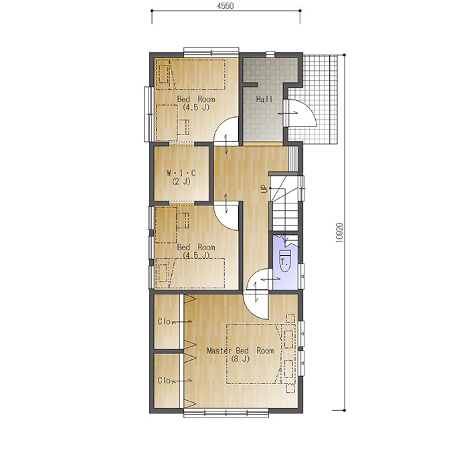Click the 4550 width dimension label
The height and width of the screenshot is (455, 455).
225,6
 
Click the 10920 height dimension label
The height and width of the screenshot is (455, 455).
339,232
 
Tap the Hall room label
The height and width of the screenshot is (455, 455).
264,99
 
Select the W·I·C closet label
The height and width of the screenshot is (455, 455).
181,173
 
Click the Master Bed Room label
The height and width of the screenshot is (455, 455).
240,351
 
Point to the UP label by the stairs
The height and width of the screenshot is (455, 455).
264,189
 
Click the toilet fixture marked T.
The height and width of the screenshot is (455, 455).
284,260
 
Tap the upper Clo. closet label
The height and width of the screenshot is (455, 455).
165,321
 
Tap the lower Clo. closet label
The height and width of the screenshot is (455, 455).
165,381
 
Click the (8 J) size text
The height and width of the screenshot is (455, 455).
240,359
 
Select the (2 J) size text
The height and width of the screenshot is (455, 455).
181,181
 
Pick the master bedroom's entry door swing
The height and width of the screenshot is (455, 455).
256,306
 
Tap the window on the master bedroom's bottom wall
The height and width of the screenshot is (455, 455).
226,414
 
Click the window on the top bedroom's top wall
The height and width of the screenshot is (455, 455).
211,52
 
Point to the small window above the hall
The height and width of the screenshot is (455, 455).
270,54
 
